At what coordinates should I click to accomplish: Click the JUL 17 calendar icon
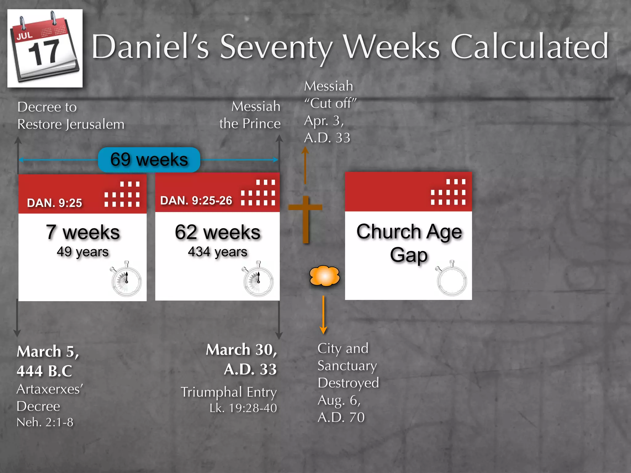point(45,48)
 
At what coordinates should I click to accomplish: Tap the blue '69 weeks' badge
point(149,160)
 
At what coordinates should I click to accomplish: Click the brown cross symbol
point(305,219)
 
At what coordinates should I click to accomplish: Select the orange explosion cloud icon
point(324,276)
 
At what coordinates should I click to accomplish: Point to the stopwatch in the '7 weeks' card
point(126,279)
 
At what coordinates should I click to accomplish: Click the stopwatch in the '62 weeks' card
point(258,279)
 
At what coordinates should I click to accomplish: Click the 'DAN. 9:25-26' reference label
point(196,200)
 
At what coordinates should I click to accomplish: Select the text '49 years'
point(83,252)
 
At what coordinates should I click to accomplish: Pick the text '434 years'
point(218,252)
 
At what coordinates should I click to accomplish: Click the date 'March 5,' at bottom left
point(48,351)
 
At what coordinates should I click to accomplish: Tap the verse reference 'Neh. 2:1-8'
point(45,422)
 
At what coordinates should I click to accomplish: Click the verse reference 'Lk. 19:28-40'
point(243,408)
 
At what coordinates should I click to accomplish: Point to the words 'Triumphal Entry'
point(229,392)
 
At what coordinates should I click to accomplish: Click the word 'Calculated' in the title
point(529,46)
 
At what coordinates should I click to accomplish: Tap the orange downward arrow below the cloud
point(323,315)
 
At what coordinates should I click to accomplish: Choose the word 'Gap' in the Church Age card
point(409,255)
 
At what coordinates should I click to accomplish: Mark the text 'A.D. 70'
point(341,417)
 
